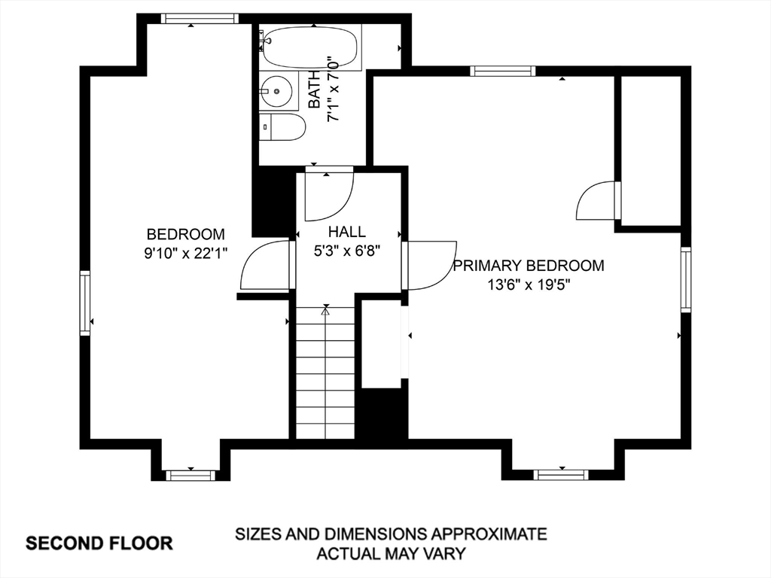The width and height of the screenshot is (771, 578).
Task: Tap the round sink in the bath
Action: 276,91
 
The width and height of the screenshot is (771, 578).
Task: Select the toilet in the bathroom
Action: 282,127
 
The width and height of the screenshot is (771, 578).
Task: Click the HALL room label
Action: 347,232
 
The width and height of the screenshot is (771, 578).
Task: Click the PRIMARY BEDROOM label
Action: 529,266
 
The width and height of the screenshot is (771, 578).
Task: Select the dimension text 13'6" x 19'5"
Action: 529,284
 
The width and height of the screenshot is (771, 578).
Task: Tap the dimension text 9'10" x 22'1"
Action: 186,253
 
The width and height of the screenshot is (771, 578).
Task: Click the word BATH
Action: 315,90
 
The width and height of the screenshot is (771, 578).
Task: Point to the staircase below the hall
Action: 325,372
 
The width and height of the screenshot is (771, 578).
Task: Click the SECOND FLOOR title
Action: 99,543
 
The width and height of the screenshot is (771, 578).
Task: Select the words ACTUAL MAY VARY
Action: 391,553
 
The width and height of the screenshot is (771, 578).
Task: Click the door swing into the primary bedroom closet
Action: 596,200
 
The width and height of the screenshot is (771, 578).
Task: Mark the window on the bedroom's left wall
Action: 86,303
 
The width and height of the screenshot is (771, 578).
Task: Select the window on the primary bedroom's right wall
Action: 686,279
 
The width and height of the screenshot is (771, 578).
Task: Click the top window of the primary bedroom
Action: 502,71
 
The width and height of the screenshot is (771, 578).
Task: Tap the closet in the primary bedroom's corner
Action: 651,151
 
